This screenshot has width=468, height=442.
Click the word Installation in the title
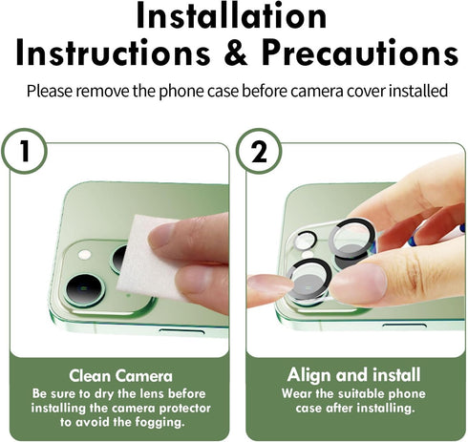pyautogui.click(x=233, y=16)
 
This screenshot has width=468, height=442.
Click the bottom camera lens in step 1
pyautogui.click(x=84, y=289)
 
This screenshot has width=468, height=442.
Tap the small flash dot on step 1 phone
pyautogui.click(x=83, y=256)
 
